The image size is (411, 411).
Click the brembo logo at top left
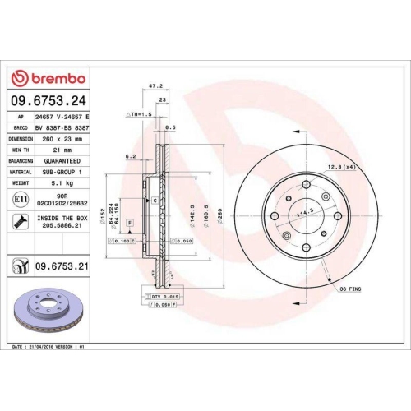tap(51, 78)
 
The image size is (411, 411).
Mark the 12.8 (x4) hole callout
tap(344, 167)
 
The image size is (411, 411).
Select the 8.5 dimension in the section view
tap(170, 128)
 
